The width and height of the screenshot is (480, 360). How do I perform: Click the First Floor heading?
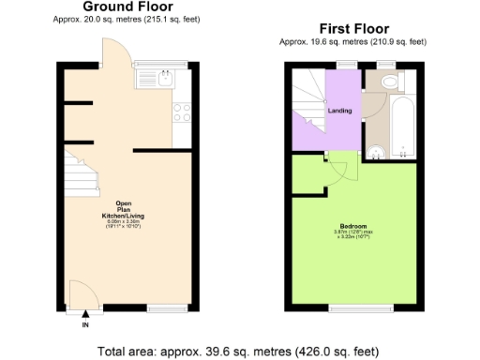(x=353, y=29)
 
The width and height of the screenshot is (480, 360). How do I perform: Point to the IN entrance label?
(x=85, y=325)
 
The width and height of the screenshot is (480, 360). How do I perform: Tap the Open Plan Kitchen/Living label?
(x=129, y=213)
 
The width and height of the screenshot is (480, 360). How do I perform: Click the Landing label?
(x=339, y=111)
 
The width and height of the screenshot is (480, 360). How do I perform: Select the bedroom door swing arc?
(x=338, y=170)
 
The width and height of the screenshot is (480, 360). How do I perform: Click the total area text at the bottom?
(x=239, y=352)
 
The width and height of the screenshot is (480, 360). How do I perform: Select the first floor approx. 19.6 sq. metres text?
(x=353, y=41)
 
